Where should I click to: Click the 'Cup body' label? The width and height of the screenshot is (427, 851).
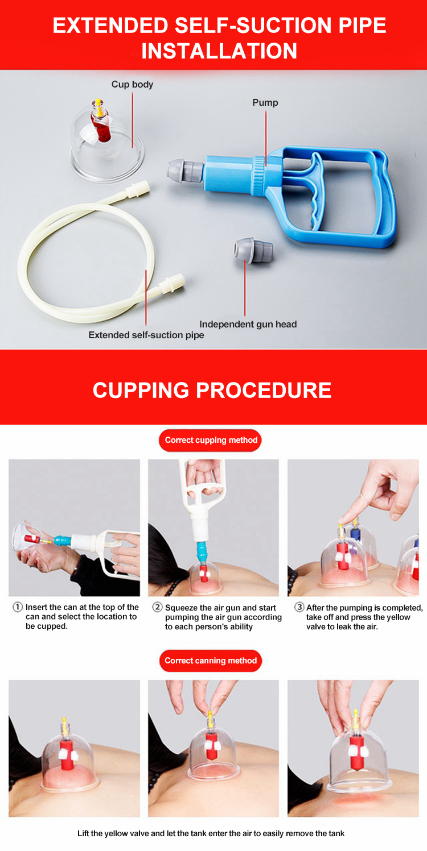pyautogui.click(x=132, y=84)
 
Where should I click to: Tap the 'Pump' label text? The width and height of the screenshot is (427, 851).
pyautogui.click(x=265, y=102)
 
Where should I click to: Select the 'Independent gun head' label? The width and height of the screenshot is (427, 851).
pyautogui.click(x=248, y=324)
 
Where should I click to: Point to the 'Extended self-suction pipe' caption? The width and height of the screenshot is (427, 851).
pyautogui.click(x=146, y=335)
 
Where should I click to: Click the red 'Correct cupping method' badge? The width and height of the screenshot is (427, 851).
pyautogui.click(x=211, y=441)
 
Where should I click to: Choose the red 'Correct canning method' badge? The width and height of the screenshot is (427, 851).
pyautogui.click(x=211, y=661)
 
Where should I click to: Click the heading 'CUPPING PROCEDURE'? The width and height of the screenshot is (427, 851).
pyautogui.click(x=212, y=390)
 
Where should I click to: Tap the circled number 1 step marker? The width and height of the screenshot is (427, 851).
pyautogui.click(x=18, y=607)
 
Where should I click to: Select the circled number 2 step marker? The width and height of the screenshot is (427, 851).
pyautogui.click(x=157, y=607)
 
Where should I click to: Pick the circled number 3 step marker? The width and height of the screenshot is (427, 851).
pyautogui.click(x=299, y=607)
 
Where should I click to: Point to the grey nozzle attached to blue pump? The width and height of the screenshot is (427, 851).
pyautogui.click(x=185, y=170)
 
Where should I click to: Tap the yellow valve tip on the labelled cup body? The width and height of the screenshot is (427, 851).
pyautogui.click(x=98, y=102)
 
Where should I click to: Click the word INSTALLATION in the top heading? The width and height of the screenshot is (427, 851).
pyautogui.click(x=219, y=51)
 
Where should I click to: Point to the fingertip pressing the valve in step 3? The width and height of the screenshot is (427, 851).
pyautogui.click(x=345, y=520)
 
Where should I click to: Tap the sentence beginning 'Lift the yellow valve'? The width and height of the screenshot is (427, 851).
pyautogui.click(x=211, y=833)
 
